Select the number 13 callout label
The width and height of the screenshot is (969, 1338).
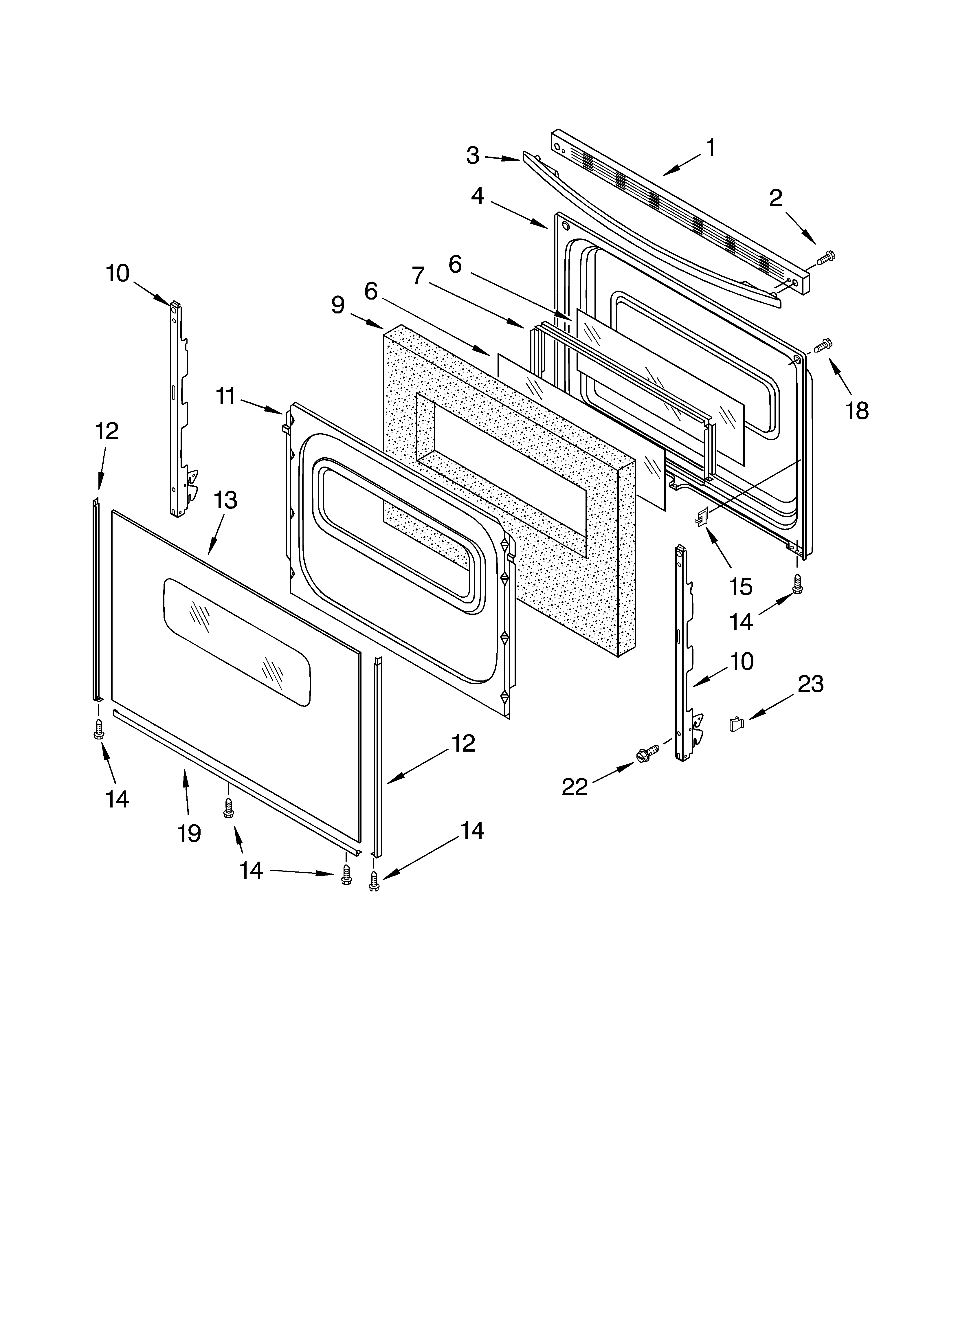coord(225,500)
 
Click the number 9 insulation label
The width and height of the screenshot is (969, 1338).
coord(337,305)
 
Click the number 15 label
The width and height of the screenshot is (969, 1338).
coord(741,587)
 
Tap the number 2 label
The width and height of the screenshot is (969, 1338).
coord(775,198)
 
